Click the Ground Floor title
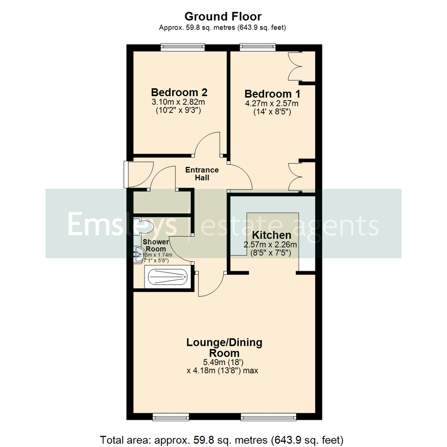point(223,17)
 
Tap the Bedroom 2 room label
point(179,92)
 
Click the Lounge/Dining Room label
point(224,348)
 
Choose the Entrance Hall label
point(202,174)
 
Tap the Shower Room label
point(155,245)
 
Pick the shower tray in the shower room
point(167,277)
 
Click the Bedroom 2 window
point(183,47)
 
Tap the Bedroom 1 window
point(258,47)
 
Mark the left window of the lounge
point(171,416)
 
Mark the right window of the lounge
point(269,416)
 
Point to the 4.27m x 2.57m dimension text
point(272,103)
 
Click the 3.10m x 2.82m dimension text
point(179,102)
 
